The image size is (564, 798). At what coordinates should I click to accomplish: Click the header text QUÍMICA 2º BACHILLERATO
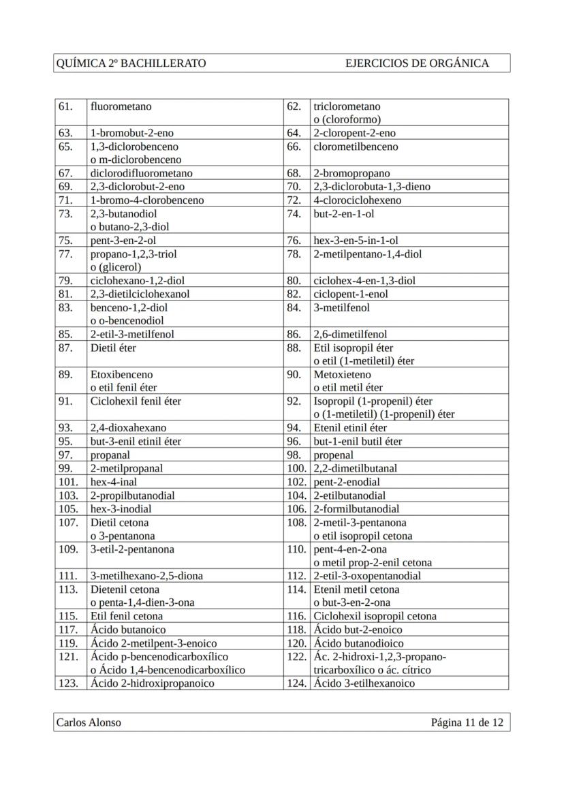131,63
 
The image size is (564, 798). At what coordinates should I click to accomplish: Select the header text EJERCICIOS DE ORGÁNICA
417,63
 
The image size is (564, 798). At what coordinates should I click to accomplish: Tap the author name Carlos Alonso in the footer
89,722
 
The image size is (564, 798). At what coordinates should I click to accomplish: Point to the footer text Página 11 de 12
467,722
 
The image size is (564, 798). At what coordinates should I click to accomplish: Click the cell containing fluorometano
121,106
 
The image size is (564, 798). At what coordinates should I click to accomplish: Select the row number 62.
294,106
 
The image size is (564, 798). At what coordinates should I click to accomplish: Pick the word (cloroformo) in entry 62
347,120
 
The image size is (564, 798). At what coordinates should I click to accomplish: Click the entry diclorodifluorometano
142,173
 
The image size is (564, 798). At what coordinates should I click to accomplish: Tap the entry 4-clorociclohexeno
358,200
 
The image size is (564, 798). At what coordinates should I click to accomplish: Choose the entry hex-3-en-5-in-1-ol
356,240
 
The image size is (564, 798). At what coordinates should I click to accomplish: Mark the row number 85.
66,334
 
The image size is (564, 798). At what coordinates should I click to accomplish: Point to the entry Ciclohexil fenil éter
136,401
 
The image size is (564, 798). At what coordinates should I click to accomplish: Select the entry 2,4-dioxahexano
128,428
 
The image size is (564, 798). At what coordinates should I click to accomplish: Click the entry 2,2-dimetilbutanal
355,468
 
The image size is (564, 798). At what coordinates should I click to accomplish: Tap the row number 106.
296,508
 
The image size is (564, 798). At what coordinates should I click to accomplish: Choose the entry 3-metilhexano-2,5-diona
146,576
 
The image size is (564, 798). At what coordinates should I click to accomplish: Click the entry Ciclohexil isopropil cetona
375,616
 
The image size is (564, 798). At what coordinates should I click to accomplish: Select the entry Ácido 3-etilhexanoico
364,684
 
